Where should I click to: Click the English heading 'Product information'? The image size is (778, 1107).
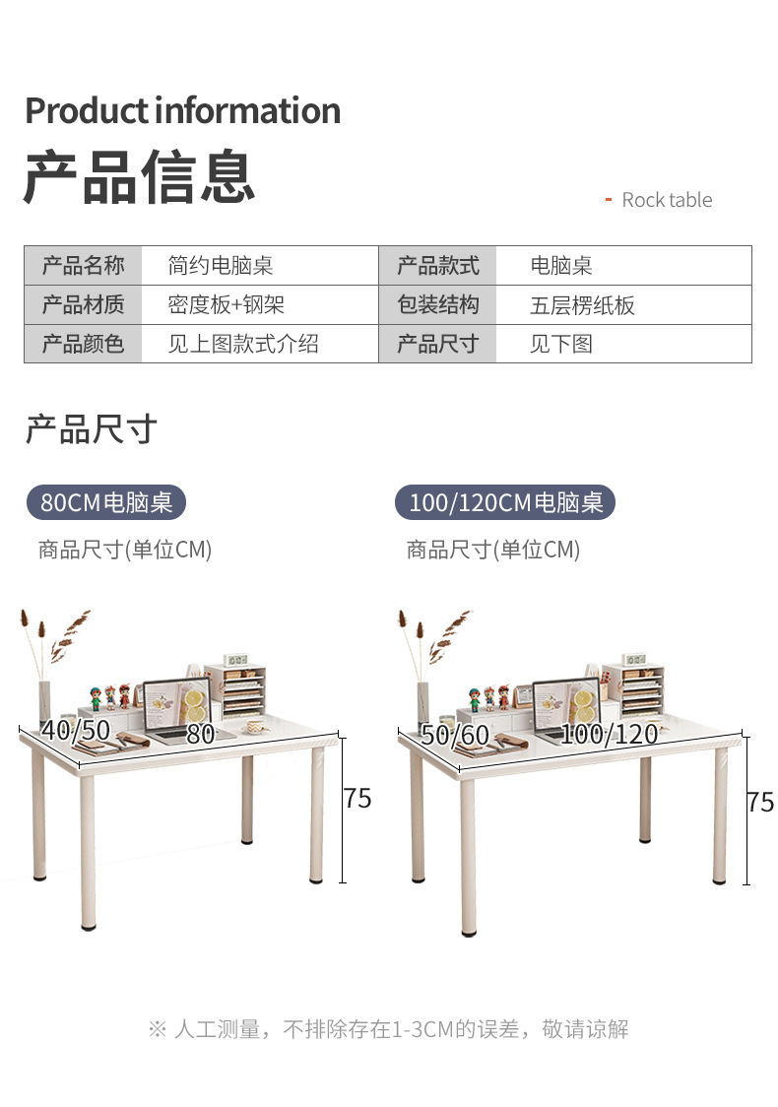tap(182, 110)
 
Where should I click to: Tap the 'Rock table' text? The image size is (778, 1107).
tap(666, 200)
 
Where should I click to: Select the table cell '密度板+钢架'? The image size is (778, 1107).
tap(226, 305)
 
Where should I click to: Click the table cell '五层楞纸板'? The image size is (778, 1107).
tap(582, 305)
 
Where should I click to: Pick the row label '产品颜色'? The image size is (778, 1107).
tap(83, 345)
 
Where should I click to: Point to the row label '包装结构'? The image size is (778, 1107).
tap(437, 305)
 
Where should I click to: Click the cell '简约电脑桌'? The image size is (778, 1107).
tap(220, 266)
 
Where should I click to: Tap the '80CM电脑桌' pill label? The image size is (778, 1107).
tap(106, 503)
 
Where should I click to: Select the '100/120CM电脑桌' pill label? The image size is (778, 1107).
tap(505, 503)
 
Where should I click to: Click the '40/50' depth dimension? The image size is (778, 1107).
tap(76, 730)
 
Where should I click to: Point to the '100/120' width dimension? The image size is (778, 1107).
tap(610, 734)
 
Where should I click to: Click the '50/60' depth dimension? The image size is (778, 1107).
tap(455, 735)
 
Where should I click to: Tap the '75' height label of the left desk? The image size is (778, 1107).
tap(357, 799)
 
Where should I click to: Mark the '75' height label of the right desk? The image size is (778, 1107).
tap(760, 803)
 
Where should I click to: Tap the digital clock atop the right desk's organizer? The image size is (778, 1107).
tap(633, 659)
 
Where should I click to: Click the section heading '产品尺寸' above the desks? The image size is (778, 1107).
tap(91, 429)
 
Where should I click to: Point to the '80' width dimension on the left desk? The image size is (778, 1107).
tap(200, 734)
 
